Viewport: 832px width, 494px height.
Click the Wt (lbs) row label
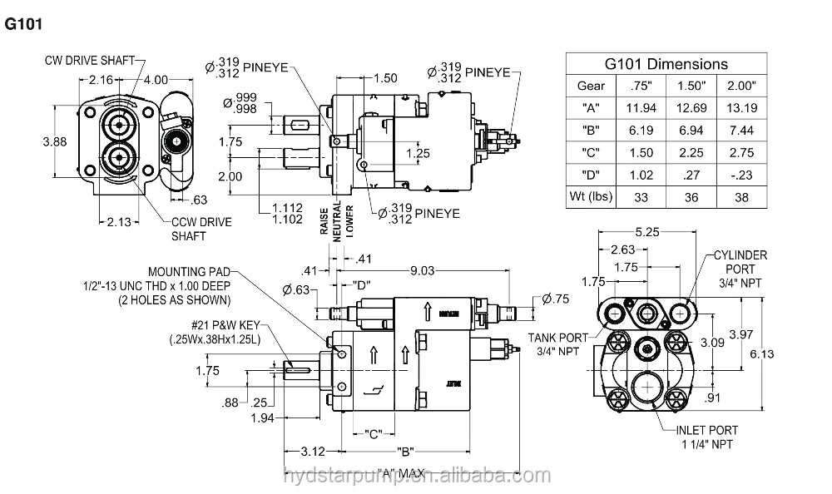point(591,197)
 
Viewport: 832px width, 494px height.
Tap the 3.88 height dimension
point(54,141)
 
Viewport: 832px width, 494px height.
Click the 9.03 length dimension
point(423,269)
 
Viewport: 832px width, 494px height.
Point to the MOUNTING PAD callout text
point(189,272)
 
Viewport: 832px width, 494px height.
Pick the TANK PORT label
point(558,344)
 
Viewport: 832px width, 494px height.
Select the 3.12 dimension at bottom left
point(314,451)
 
